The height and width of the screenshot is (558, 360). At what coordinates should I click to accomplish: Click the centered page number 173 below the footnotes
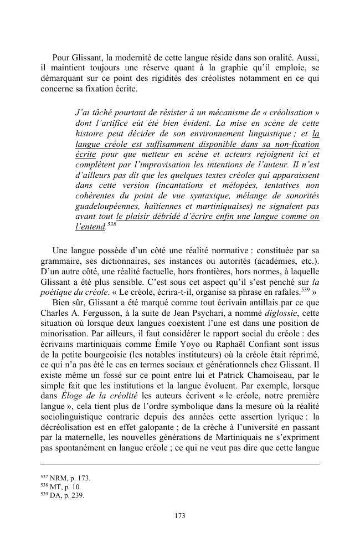pos(180,516)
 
